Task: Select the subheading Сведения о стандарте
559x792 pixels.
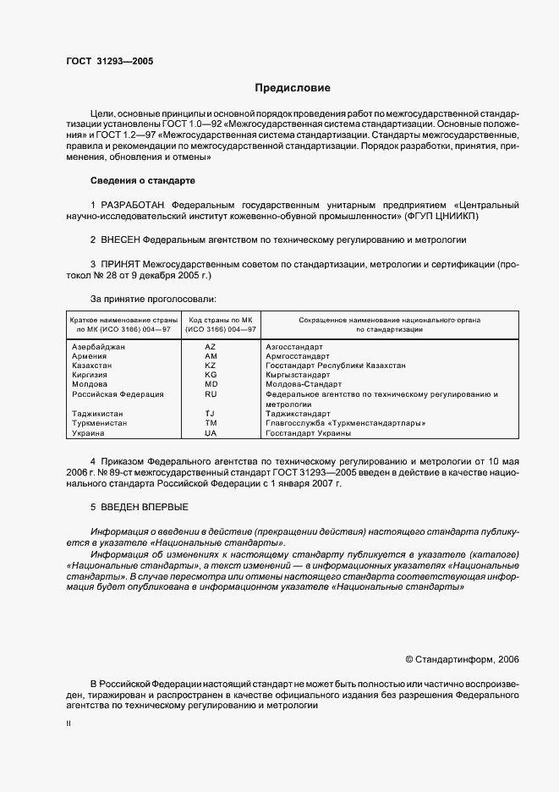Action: (142, 180)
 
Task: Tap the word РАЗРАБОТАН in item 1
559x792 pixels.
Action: (133, 205)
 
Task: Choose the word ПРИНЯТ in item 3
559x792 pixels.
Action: (125, 264)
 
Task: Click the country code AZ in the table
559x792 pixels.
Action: (211, 347)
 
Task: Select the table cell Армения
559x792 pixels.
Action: (90, 356)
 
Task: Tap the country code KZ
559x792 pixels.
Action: (211, 366)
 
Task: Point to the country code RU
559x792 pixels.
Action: (211, 393)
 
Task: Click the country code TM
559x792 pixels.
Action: (211, 422)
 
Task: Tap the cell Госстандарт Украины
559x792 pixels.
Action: (308, 432)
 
